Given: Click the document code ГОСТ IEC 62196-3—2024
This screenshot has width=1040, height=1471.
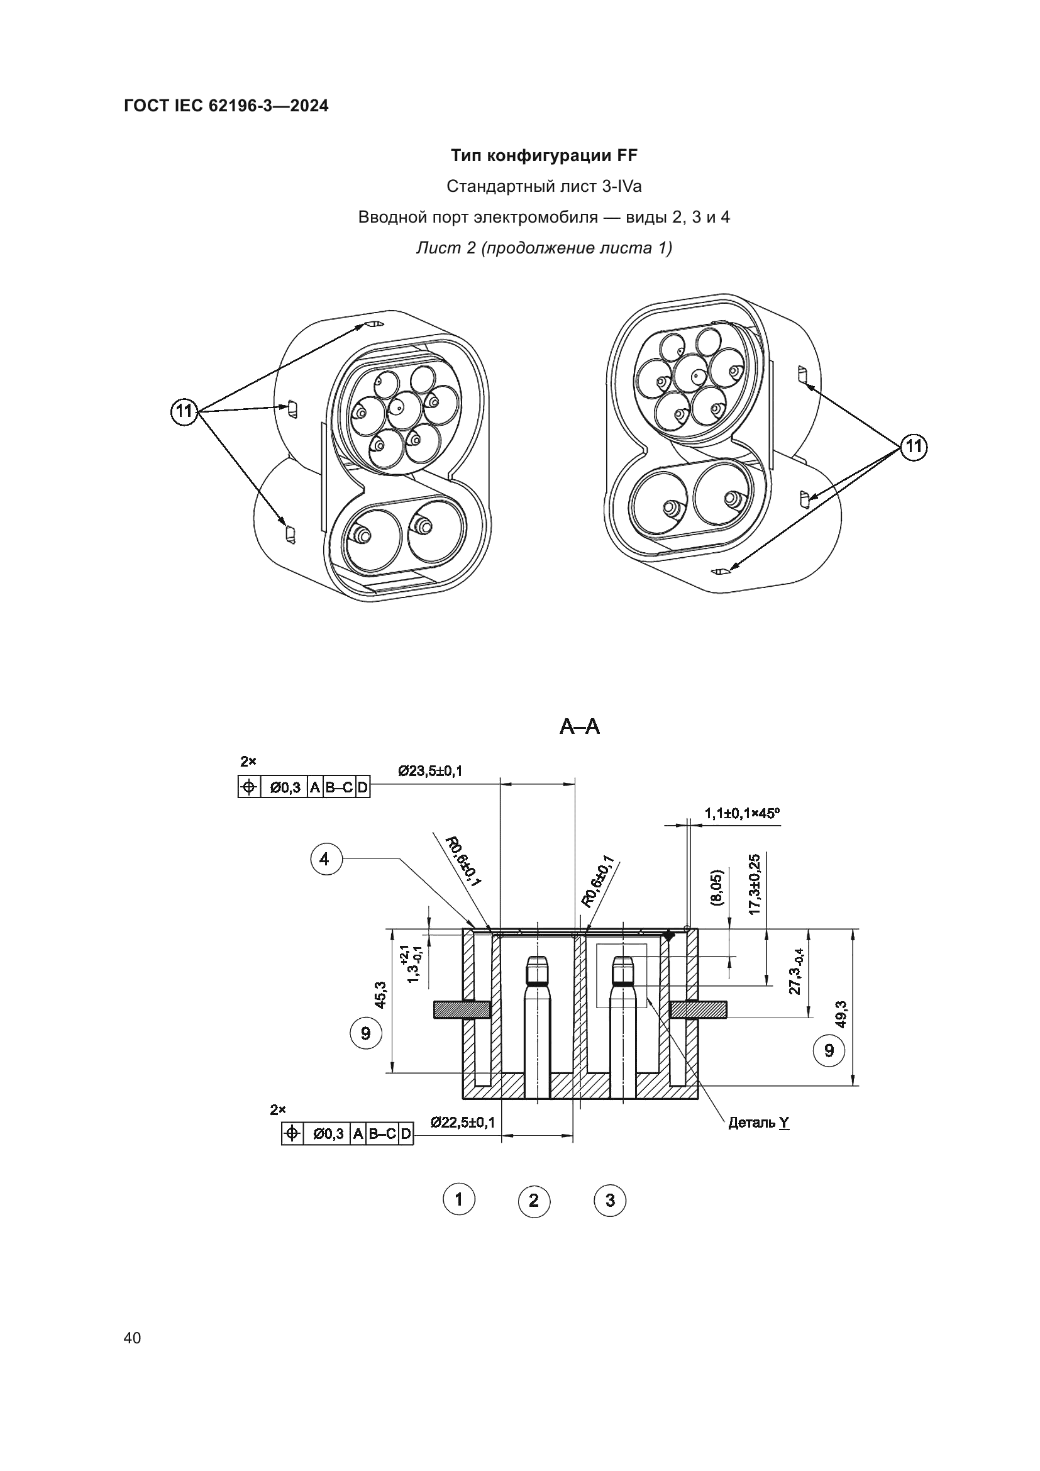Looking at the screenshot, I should point(226,106).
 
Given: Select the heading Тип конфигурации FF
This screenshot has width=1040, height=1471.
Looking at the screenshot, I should point(544,156).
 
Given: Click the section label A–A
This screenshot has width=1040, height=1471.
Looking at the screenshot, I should point(580,726).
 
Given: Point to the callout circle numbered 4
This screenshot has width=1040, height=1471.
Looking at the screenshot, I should point(324,859).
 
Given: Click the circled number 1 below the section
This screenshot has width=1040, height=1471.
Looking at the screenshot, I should point(458,1199).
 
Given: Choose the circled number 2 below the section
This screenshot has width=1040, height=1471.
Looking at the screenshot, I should point(533,1201).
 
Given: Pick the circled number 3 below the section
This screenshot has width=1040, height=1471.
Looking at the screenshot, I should point(610,1201).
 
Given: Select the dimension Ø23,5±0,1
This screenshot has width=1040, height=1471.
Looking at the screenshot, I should point(429,771).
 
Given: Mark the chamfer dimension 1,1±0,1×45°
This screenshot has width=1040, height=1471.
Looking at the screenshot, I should point(742,813).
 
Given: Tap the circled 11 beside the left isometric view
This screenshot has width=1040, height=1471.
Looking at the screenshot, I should point(184,411).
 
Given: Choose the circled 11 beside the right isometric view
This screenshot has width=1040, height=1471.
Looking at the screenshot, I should point(913,446).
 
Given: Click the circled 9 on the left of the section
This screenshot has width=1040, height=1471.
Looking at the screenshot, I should point(366,1033).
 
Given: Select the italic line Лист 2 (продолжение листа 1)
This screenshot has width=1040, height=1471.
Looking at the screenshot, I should point(544,248).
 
